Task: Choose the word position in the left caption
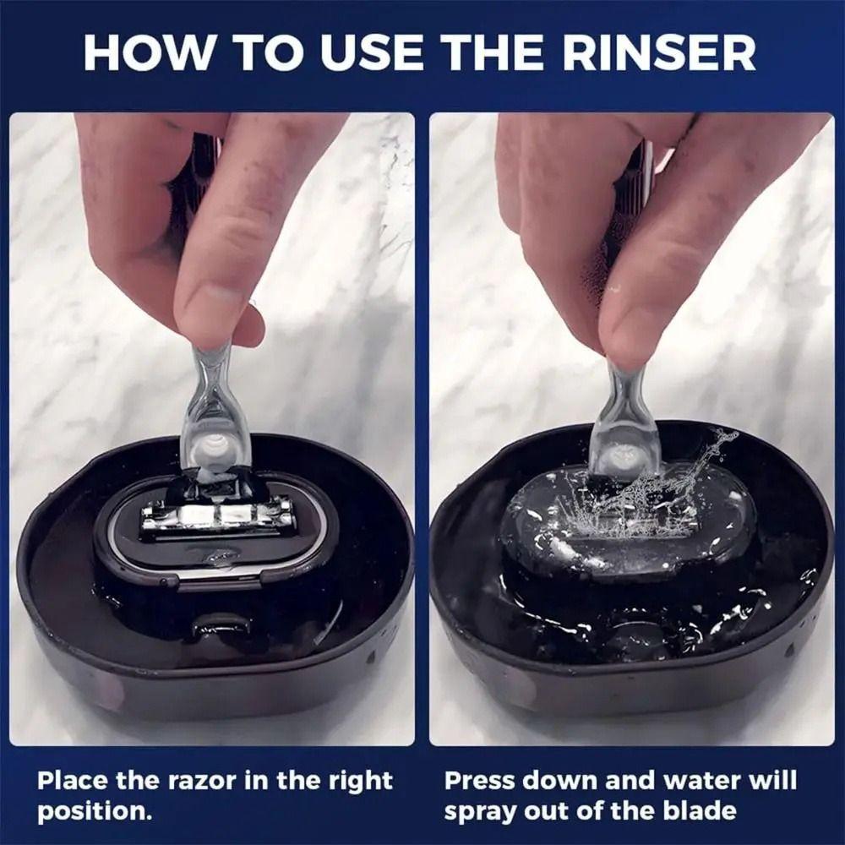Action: [91, 811]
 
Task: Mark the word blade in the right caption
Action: [702, 811]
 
